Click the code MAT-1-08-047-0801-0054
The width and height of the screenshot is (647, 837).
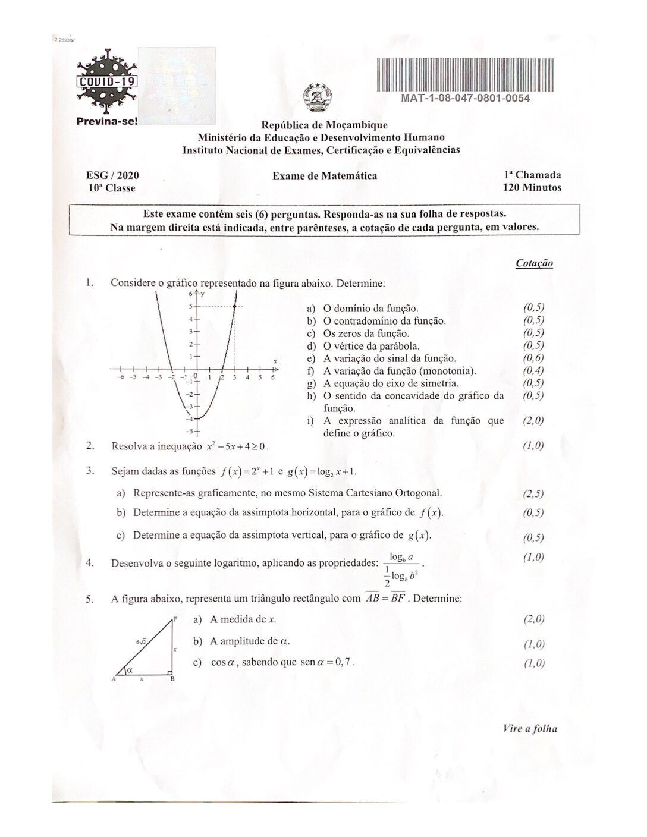pyautogui.click(x=466, y=98)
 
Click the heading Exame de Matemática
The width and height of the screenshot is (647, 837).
pyautogui.click(x=325, y=175)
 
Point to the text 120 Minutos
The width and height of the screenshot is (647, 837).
pyautogui.click(x=532, y=188)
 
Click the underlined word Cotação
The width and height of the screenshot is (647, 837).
pyautogui.click(x=534, y=263)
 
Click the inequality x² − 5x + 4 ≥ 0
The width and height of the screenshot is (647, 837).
pyautogui.click(x=237, y=446)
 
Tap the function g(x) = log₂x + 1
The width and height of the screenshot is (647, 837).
pyautogui.click(x=321, y=472)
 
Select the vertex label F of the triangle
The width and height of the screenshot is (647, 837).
pyautogui.click(x=176, y=619)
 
